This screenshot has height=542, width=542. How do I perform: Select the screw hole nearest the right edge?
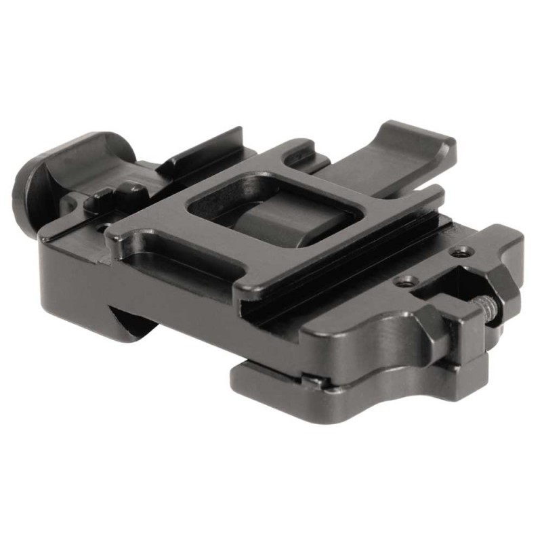click(x=463, y=253)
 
